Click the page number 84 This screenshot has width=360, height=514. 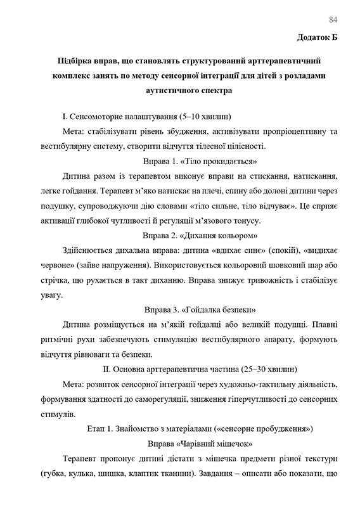[334, 18]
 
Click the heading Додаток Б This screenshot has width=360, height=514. [318, 37]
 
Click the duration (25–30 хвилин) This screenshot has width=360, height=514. [264, 369]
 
